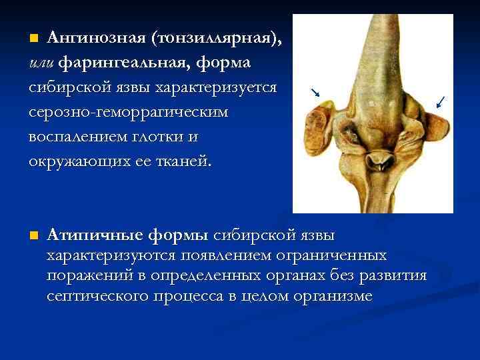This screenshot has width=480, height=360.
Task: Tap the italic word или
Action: (42, 63)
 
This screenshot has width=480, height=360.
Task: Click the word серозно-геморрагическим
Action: (128, 112)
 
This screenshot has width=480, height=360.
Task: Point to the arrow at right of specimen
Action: (441, 102)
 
